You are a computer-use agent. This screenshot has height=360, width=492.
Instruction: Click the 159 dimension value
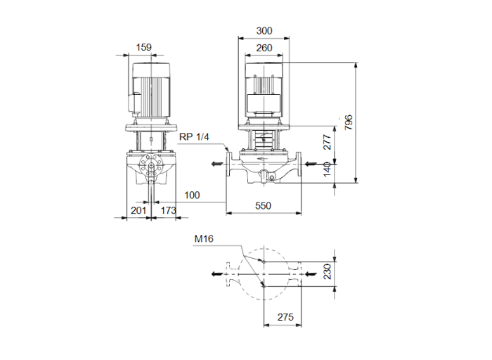point(143,48)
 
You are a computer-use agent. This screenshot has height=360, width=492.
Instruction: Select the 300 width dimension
point(264,31)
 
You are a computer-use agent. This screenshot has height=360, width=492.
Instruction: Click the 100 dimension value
point(192,195)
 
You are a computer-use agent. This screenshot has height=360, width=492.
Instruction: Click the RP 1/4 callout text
point(194,137)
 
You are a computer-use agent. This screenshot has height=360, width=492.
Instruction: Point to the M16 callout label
point(203,238)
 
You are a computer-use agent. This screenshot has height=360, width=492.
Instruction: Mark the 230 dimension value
point(327,272)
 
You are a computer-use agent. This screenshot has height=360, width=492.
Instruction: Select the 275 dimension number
point(284,317)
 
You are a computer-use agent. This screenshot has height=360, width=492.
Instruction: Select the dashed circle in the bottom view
point(264,272)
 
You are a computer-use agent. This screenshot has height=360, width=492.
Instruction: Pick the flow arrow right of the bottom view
point(310,273)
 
